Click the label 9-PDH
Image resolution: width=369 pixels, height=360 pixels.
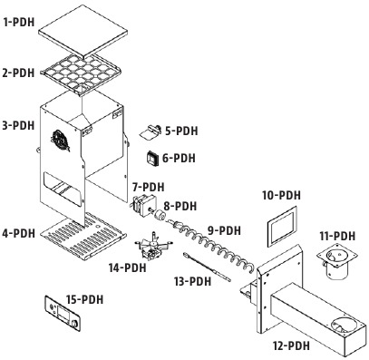[224, 229]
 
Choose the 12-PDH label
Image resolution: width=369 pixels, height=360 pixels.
[291, 345]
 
